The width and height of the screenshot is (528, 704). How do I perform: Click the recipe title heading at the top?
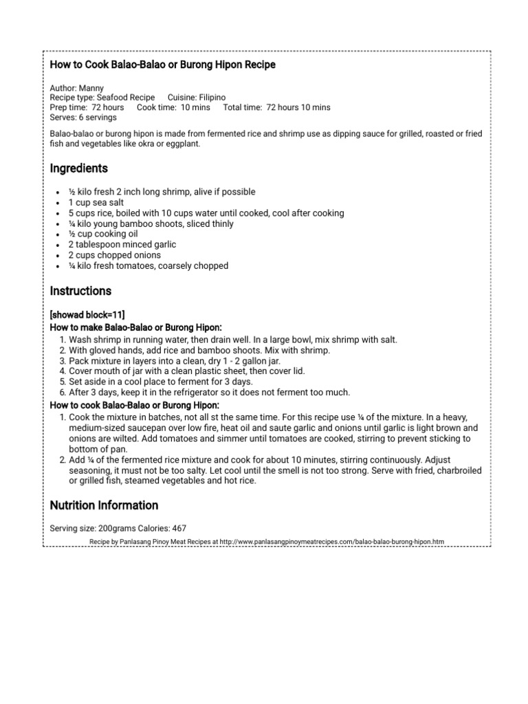coord(162,65)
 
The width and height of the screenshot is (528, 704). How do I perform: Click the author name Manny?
coord(91,89)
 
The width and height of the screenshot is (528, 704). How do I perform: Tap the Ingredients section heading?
coord(79,168)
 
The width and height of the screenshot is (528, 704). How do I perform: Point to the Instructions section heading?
coord(80,291)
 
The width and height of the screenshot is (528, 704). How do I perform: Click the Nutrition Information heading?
coord(104,505)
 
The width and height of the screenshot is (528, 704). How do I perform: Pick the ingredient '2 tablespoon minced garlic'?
coord(122,245)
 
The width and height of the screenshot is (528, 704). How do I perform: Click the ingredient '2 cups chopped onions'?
coord(113,255)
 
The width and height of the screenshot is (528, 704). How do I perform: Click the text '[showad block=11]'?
coord(87,315)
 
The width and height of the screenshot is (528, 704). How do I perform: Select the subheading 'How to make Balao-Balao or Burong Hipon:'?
coord(135,327)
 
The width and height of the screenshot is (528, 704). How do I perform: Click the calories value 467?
coord(178,529)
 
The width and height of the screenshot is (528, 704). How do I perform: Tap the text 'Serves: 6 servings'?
coord(83,118)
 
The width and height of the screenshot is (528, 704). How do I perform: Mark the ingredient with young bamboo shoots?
coord(151,224)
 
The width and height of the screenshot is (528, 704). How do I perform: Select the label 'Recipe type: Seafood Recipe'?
coord(102,98)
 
